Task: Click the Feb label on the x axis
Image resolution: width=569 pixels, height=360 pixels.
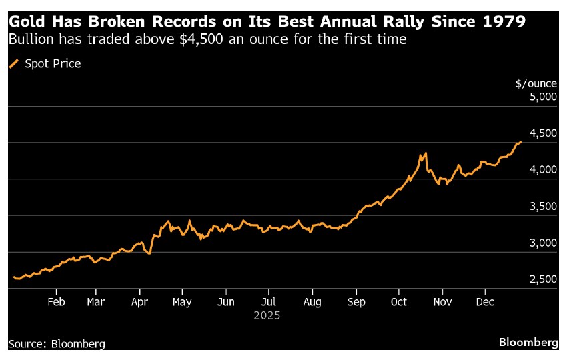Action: pyautogui.click(x=56, y=301)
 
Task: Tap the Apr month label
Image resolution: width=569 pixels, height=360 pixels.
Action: pyautogui.click(x=140, y=301)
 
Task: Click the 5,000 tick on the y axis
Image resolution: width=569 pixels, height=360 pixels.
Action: pyautogui.click(x=542, y=97)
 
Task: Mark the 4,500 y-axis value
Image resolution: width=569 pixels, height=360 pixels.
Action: pyautogui.click(x=542, y=133)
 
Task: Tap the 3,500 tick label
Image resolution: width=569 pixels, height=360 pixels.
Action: pyautogui.click(x=542, y=206)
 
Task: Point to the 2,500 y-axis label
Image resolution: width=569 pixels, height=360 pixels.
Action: pyautogui.click(x=542, y=279)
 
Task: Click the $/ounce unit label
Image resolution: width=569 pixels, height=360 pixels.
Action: pyautogui.click(x=536, y=83)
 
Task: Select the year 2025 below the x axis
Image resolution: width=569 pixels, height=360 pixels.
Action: pyautogui.click(x=267, y=315)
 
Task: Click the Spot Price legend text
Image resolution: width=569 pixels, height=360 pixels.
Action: pyautogui.click(x=53, y=64)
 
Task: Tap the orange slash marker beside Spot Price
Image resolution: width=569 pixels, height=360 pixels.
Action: pyautogui.click(x=14, y=64)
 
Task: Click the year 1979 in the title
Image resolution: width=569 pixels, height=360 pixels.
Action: pyautogui.click(x=500, y=21)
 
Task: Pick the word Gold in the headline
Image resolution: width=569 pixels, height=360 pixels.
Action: pyautogui.click(x=25, y=21)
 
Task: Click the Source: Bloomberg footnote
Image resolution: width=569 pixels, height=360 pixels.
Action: pyautogui.click(x=57, y=344)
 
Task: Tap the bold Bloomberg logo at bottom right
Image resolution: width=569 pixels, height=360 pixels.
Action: pyautogui.click(x=528, y=342)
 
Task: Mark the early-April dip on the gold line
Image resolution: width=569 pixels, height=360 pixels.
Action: pyautogui.click(x=150, y=253)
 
